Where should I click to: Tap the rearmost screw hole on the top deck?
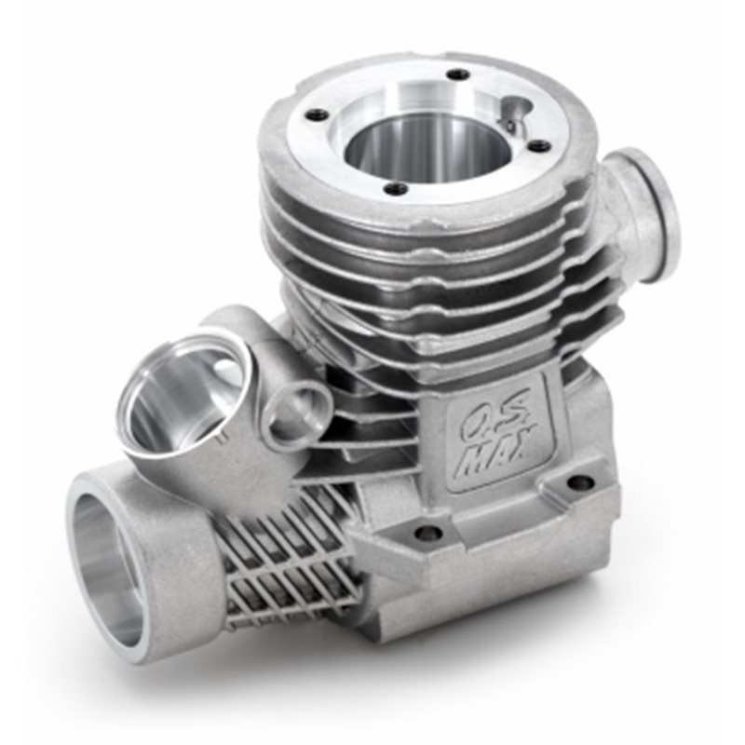pos(458,74)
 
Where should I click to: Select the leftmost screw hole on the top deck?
pos(318,114)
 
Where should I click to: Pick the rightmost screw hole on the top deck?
pos(538,146)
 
